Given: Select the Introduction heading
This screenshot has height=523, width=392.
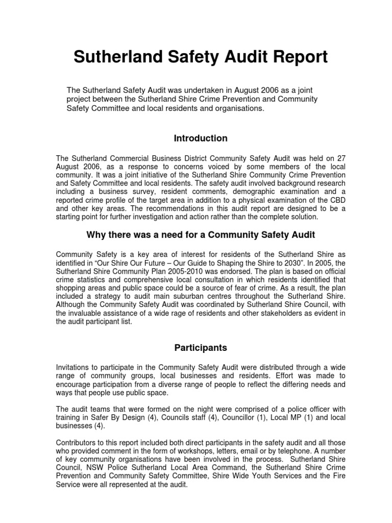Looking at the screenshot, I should pyautogui.click(x=201, y=138).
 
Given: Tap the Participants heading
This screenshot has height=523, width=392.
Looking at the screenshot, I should pyautogui.click(x=201, y=348).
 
